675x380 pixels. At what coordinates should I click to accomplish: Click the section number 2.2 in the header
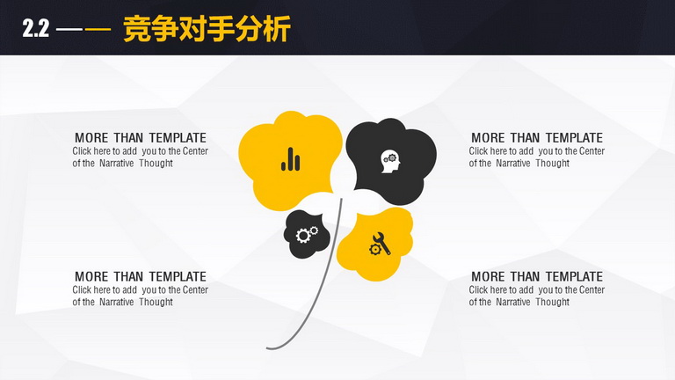(x=36, y=29)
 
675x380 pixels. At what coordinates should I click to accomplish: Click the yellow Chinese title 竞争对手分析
(x=207, y=29)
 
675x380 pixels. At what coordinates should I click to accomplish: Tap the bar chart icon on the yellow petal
(x=291, y=159)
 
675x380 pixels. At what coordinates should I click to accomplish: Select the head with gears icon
(x=390, y=162)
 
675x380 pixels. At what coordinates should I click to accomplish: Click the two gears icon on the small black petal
(x=307, y=234)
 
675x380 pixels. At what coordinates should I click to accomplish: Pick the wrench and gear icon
(x=380, y=244)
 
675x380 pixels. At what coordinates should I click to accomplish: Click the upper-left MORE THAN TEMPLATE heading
(x=141, y=138)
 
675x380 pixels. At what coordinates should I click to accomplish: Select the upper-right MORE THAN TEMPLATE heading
(x=537, y=138)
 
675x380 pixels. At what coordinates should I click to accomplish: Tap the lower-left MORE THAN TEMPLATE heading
(x=141, y=276)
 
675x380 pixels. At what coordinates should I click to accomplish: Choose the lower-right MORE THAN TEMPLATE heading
(x=537, y=276)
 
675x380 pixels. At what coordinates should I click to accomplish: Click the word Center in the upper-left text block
(x=195, y=151)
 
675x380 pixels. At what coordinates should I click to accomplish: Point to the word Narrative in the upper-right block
(x=513, y=164)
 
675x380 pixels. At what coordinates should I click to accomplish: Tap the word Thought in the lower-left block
(x=156, y=302)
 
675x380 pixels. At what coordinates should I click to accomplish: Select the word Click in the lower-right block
(x=478, y=290)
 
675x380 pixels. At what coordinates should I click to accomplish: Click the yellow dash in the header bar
(x=98, y=29)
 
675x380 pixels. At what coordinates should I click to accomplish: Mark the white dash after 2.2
(x=69, y=29)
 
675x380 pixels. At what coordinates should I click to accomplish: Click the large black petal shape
(x=392, y=160)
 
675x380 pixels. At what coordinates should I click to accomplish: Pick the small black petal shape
(x=307, y=235)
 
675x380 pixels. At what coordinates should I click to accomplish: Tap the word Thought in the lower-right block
(x=552, y=302)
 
